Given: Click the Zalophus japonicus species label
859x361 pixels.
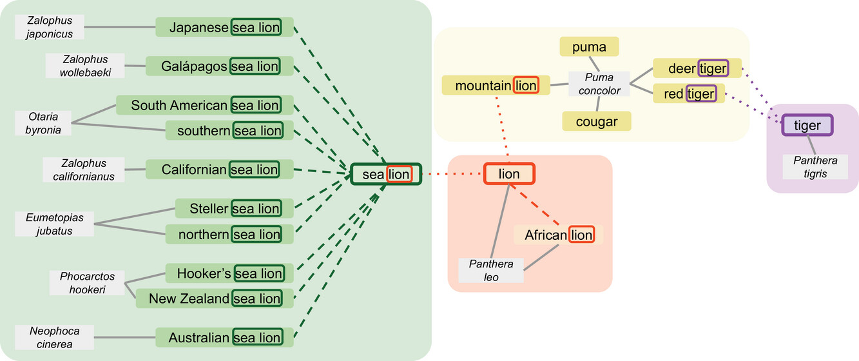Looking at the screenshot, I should (x=50, y=28).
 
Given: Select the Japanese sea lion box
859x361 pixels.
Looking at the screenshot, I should (x=224, y=28).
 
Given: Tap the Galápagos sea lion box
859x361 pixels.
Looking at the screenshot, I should (x=219, y=66).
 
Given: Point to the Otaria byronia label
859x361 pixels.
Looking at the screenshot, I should (x=44, y=122).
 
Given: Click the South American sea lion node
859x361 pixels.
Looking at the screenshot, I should (x=204, y=105).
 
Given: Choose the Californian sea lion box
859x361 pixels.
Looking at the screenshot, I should (x=219, y=170).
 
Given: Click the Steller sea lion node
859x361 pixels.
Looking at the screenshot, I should (x=235, y=208).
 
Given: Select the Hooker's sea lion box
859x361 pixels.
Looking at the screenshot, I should (x=229, y=273).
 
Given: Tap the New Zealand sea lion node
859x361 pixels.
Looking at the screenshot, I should (x=215, y=298).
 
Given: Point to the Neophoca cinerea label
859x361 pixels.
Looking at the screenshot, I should (x=55, y=337).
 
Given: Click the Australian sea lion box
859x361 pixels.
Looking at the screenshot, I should (x=224, y=337).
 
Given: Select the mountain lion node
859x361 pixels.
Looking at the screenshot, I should (x=496, y=85).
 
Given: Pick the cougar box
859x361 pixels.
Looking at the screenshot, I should (x=596, y=121).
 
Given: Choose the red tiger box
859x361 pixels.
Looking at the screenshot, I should (x=689, y=93).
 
